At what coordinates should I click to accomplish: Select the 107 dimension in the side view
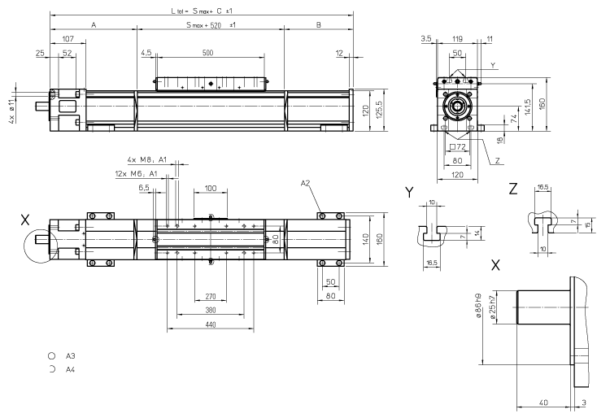[68, 38]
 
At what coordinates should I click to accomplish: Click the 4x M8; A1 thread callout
[146, 159]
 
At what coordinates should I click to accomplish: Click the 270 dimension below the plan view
[211, 297]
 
